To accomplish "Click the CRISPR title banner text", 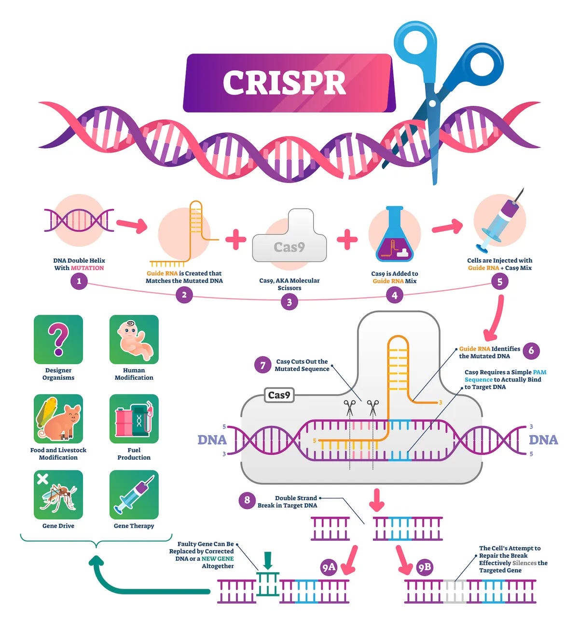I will tap(285, 83).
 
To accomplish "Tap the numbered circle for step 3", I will tap(289, 302).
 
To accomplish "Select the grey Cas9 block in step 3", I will tap(289, 241).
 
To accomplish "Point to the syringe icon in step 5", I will tap(499, 222).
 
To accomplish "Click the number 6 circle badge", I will tap(531, 351).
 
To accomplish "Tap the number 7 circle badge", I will tap(263, 365).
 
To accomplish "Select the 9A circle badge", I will tap(329, 567).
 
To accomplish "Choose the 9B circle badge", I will tap(425, 567).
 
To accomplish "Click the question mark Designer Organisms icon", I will tap(58, 339).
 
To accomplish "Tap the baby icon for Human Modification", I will tap(134, 339).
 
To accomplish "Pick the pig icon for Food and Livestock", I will tap(58, 419).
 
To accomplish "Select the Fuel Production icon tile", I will tap(134, 419).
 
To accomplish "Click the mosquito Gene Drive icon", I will tap(58, 495).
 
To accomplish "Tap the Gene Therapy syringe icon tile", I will tap(134, 495).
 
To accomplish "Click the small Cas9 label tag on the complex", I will tap(279, 395).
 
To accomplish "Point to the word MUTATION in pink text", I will tap(87, 268).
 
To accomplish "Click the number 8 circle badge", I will tap(247, 500).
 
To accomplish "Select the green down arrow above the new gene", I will tap(268, 560).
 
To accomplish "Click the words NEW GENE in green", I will tap(218, 559).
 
